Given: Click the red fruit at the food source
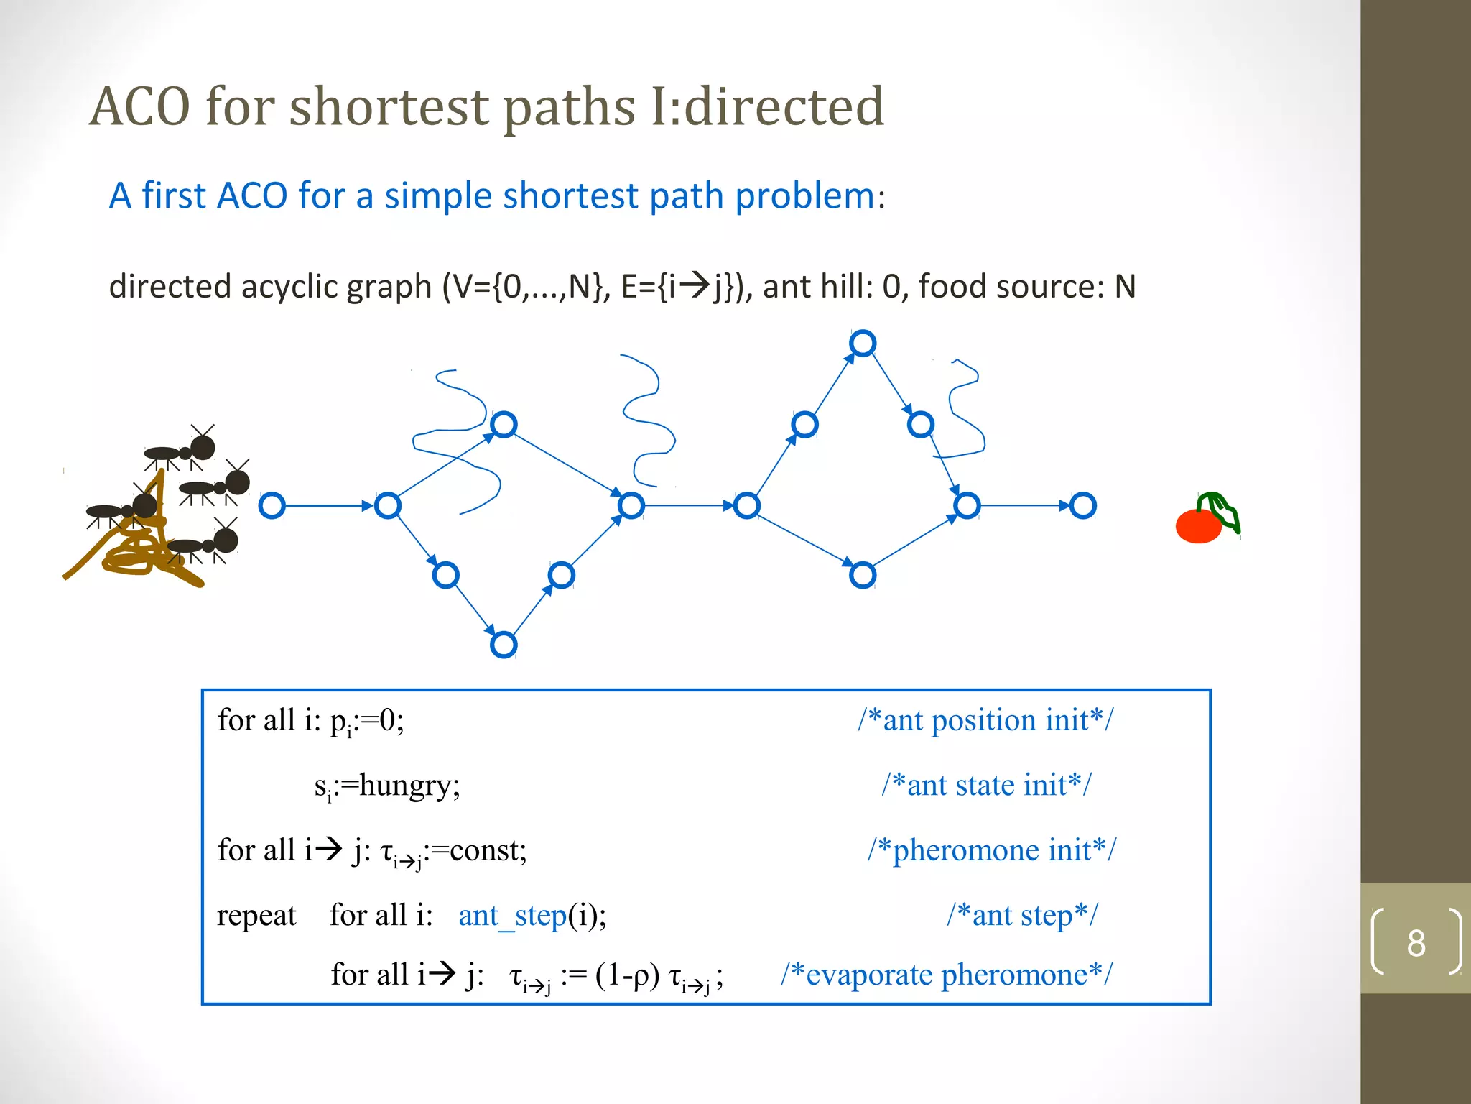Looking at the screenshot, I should [1197, 527].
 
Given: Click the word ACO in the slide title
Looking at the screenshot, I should [141, 106].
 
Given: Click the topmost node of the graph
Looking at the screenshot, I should [862, 344].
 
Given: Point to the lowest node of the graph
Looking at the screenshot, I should [504, 645].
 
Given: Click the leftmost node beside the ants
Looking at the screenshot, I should [272, 506].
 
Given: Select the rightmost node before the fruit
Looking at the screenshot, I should [1082, 506].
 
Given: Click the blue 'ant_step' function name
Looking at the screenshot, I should [512, 916].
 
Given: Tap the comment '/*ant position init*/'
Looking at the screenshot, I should [985, 720].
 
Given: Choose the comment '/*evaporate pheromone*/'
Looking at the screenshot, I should [947, 975].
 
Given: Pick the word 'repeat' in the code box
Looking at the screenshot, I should [256, 916].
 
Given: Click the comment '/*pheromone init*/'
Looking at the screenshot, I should [991, 850].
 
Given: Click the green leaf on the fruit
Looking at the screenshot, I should [1224, 511].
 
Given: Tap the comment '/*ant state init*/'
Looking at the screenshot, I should [986, 785].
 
